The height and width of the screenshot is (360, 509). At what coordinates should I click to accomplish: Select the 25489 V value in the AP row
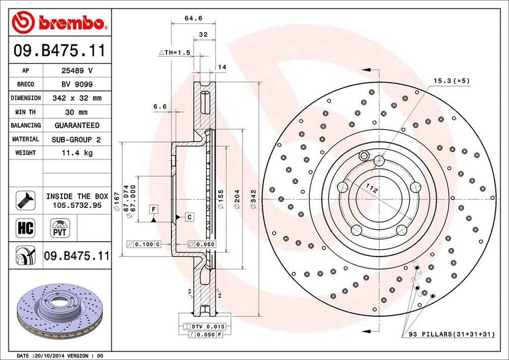click(x=77, y=71)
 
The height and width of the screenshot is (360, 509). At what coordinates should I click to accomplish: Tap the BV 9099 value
click(x=77, y=85)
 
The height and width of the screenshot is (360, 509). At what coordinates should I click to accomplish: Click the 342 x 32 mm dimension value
click(x=77, y=98)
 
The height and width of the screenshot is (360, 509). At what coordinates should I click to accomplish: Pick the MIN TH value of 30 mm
click(x=77, y=112)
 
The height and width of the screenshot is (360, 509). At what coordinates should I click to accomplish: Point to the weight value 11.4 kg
click(x=77, y=153)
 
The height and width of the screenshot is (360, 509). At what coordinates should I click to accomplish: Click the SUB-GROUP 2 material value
click(x=77, y=139)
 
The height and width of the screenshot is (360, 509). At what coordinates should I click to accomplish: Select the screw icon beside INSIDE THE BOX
click(x=24, y=200)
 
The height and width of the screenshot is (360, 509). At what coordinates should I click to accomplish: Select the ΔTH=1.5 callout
click(x=174, y=52)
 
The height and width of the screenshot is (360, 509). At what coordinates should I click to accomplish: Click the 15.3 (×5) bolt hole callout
click(x=451, y=80)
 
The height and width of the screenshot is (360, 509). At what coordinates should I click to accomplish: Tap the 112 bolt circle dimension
click(x=369, y=187)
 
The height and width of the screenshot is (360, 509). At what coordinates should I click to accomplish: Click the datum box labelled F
click(x=154, y=209)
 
